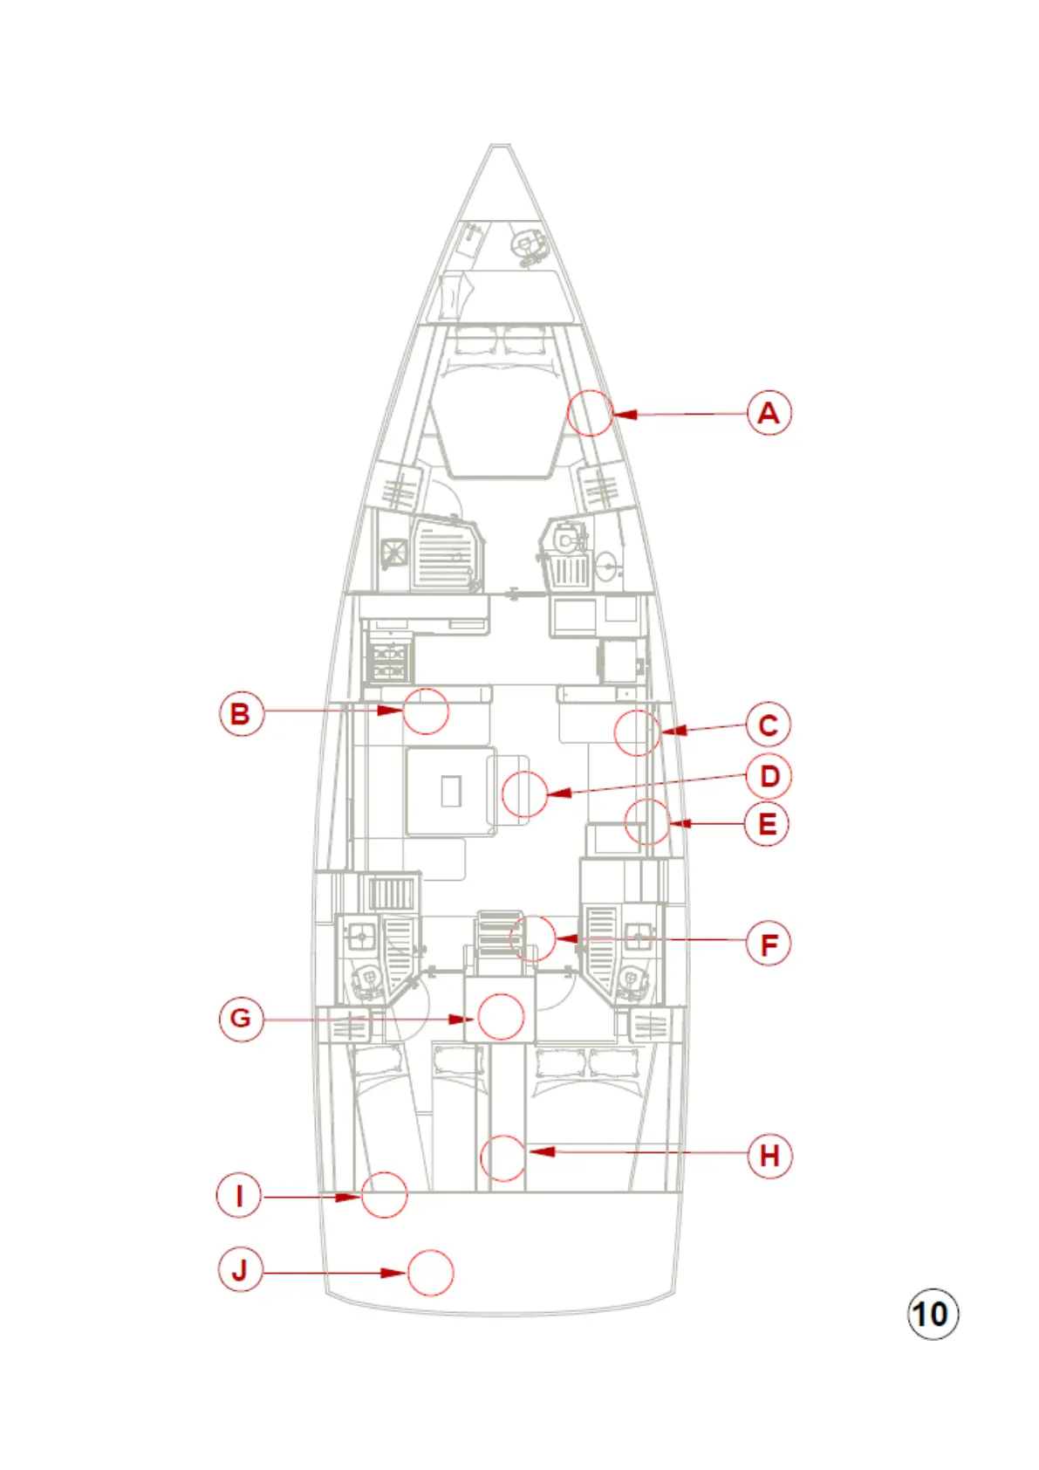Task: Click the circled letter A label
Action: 769,413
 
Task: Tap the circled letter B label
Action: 241,713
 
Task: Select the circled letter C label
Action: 768,725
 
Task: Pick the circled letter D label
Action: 769,776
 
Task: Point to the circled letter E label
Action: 767,824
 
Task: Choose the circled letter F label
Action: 769,945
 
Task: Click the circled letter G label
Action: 241,1018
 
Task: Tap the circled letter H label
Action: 769,1156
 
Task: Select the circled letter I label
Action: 239,1195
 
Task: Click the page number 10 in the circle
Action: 933,1314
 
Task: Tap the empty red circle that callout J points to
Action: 431,1272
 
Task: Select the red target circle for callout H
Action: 503,1157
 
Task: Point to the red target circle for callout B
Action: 426,710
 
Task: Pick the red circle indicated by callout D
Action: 525,793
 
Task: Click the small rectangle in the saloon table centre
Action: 450,791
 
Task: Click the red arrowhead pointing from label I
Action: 349,1196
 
